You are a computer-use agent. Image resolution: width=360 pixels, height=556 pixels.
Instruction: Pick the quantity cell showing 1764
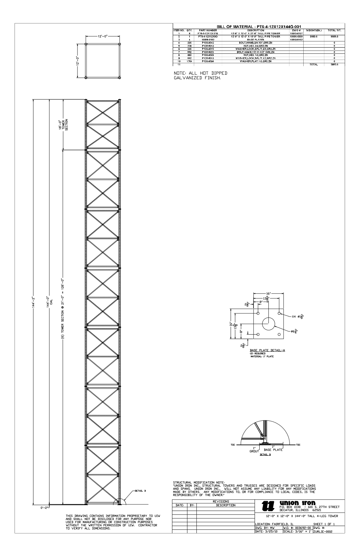(x=189, y=61)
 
